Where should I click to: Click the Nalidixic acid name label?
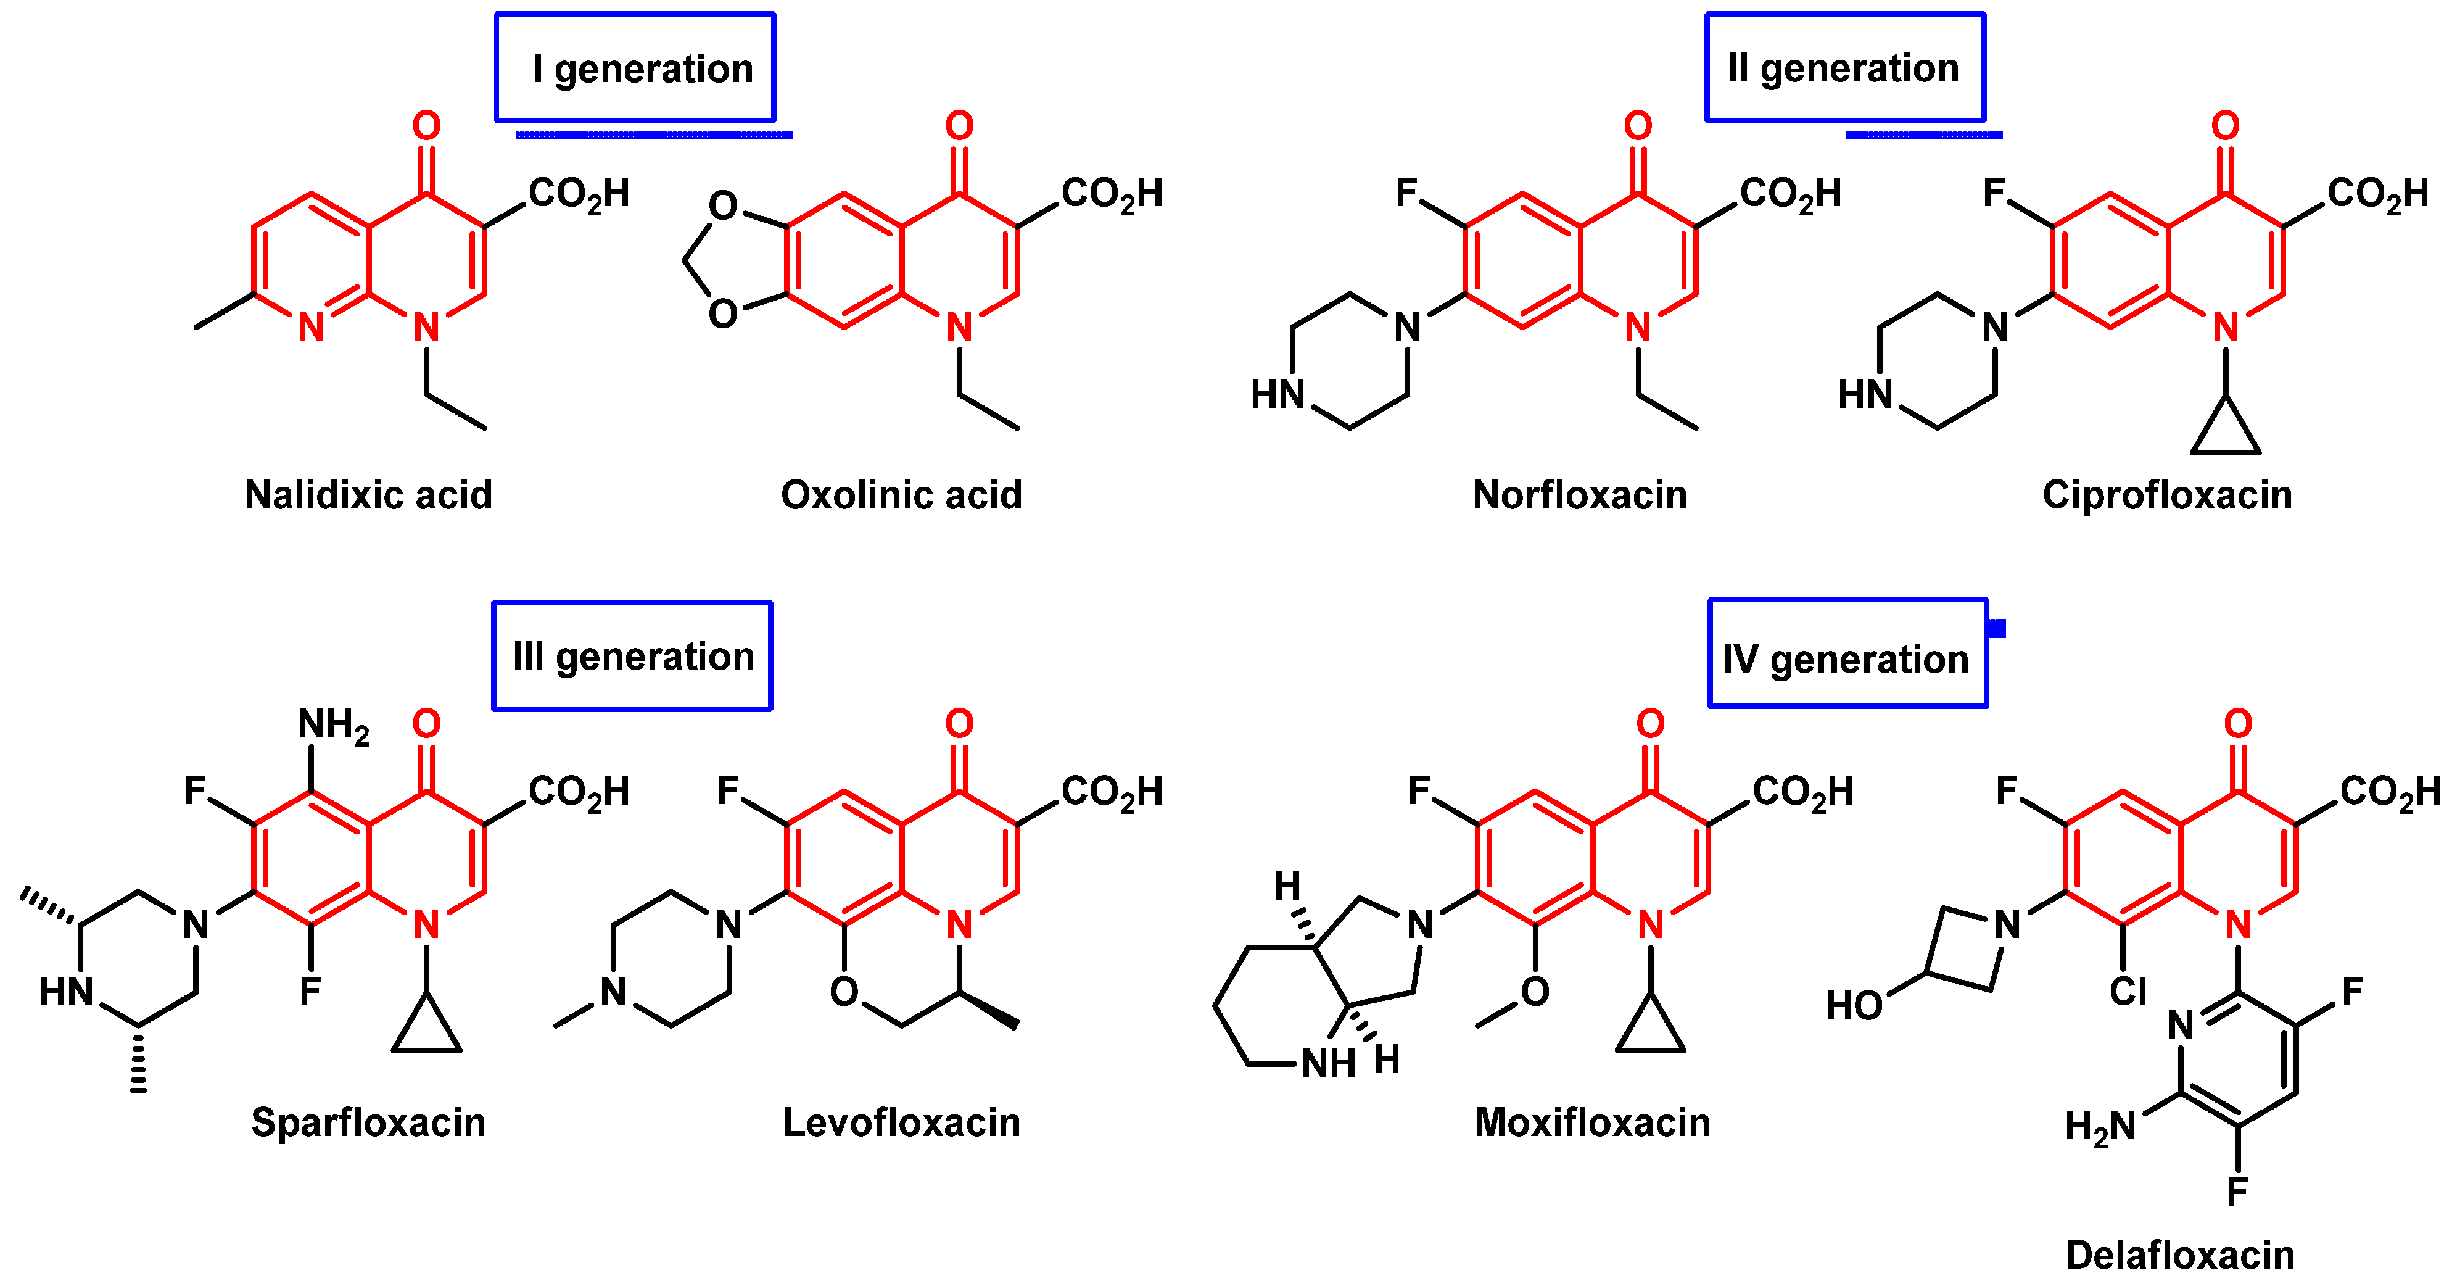point(368,495)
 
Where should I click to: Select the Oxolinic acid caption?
point(901,495)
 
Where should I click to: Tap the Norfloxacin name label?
point(1579,495)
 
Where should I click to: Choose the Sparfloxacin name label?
point(368,1122)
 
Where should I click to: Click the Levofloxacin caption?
point(901,1122)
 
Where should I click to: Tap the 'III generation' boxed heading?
point(632,656)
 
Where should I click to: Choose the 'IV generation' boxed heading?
point(1847,658)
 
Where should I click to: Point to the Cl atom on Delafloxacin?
point(2128,992)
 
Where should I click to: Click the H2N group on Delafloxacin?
point(2100,1127)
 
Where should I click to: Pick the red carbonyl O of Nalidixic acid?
point(426,126)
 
